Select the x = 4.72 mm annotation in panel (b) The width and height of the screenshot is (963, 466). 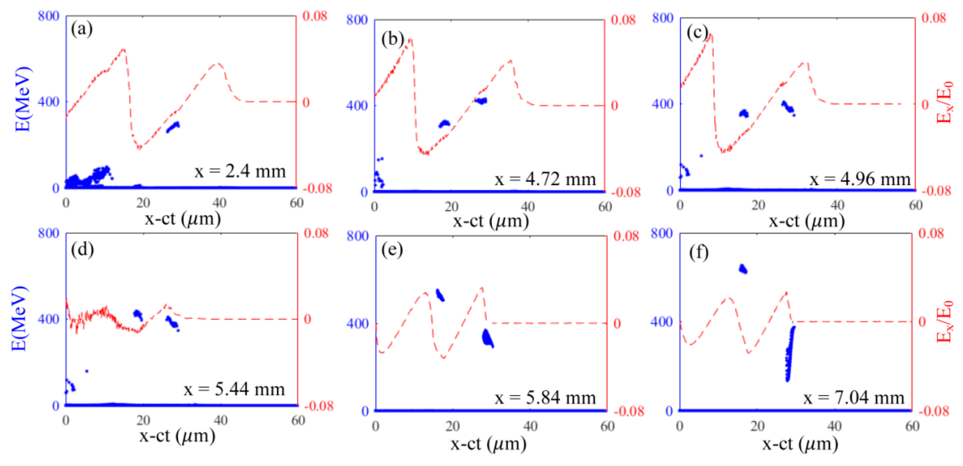[x=545, y=179]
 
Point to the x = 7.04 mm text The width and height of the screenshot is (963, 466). [x=854, y=398]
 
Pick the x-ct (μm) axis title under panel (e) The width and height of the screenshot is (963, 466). [x=488, y=444]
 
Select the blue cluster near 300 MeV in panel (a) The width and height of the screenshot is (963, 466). [x=173, y=127]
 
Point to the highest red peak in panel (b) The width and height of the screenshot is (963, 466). [x=410, y=39]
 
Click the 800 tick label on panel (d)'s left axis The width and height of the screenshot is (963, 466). [x=49, y=234]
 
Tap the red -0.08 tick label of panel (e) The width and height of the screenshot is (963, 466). [x=629, y=411]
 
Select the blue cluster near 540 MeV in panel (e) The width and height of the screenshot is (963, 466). [x=440, y=295]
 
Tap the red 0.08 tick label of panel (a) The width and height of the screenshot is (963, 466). [x=314, y=16]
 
